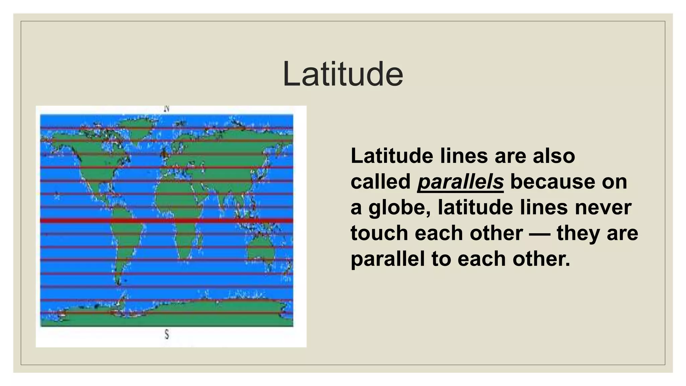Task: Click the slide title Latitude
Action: [x=343, y=74]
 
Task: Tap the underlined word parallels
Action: [x=460, y=182]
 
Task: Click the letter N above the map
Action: [x=167, y=109]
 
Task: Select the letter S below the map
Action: [x=167, y=334]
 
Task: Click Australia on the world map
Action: [x=261, y=250]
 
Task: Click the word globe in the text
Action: [x=399, y=208]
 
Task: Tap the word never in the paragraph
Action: [x=603, y=207]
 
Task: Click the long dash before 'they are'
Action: [x=539, y=234]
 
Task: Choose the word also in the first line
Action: [x=554, y=156]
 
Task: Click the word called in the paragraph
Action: [x=381, y=182]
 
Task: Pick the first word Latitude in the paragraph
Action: [x=392, y=156]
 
